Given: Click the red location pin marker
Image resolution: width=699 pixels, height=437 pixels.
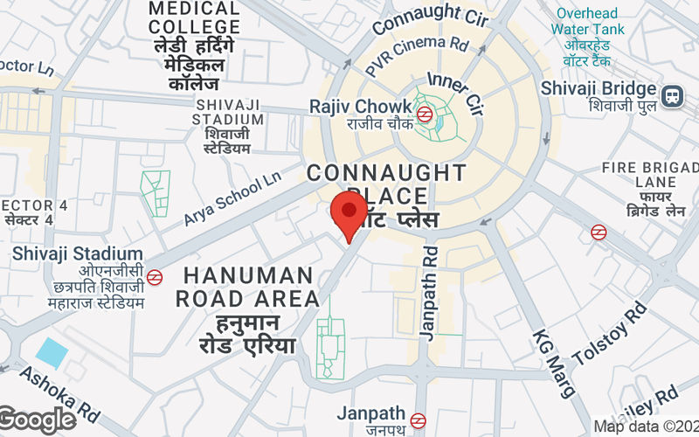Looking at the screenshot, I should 349,212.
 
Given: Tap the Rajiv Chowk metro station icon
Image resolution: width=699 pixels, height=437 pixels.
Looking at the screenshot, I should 424,113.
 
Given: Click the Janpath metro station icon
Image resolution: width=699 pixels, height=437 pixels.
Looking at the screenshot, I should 419,420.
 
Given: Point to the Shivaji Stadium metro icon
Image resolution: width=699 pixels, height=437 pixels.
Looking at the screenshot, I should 155,277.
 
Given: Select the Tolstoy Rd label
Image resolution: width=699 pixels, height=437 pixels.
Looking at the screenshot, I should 610,334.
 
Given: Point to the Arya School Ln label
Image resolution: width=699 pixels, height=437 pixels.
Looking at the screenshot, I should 232,198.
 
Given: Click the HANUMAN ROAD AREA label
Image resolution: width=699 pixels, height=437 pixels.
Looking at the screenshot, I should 247,287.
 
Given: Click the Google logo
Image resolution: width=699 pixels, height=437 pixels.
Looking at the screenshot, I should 38,420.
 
